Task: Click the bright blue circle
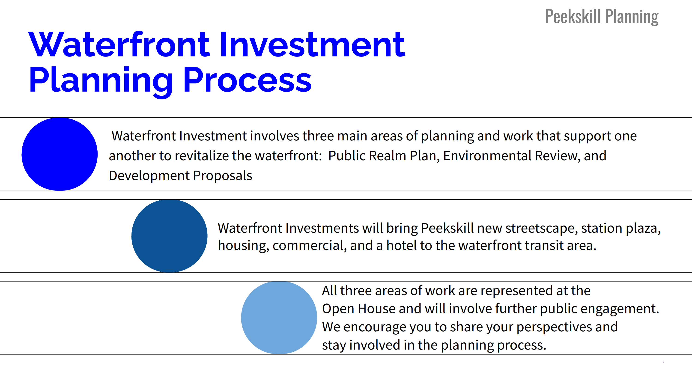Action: (x=59, y=154)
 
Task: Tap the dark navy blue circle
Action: (x=169, y=236)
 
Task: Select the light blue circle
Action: (x=279, y=318)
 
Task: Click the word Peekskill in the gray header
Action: (x=573, y=17)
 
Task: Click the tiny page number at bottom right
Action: (x=663, y=362)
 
